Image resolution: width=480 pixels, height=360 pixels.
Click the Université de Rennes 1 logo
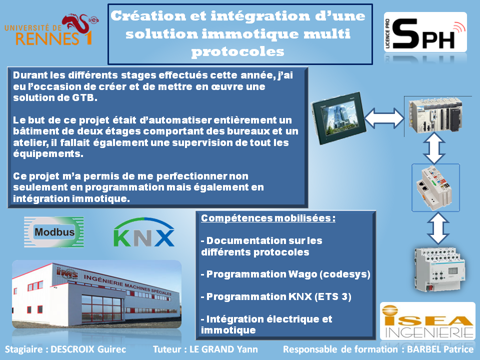click(x=51, y=29)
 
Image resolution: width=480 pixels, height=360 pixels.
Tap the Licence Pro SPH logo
click(x=425, y=32)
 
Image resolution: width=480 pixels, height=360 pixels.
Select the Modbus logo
click(x=54, y=232)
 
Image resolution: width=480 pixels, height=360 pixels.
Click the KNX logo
click(x=144, y=232)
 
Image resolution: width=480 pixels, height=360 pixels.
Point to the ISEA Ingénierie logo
click(x=427, y=321)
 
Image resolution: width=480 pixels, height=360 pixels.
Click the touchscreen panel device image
click(x=339, y=118)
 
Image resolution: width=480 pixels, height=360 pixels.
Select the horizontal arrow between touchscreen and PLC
click(x=384, y=118)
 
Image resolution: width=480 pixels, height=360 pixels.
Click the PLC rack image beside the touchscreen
click(x=435, y=115)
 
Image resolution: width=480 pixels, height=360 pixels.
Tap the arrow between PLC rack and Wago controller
click(x=434, y=148)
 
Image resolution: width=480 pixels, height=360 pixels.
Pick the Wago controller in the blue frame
click(x=435, y=187)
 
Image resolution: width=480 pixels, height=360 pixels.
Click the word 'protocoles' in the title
click(x=238, y=51)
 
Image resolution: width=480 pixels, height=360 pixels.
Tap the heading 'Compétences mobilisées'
click(x=268, y=218)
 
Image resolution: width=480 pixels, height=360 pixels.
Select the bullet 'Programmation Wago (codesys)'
click(x=285, y=274)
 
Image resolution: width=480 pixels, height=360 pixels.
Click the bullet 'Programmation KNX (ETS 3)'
click(x=276, y=296)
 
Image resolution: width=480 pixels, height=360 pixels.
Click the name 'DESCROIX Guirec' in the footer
click(x=88, y=349)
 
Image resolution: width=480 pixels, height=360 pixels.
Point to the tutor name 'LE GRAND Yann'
click(x=224, y=349)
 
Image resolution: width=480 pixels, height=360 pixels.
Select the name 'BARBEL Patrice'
click(x=440, y=349)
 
